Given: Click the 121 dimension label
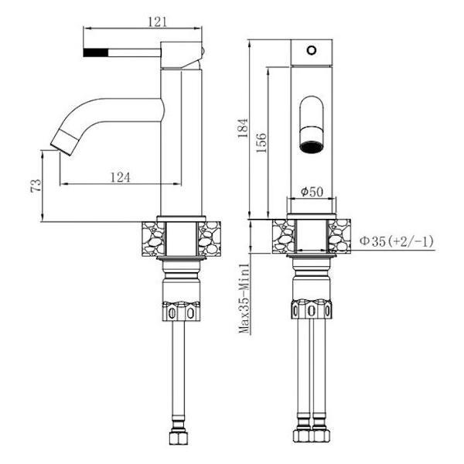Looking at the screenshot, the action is (x=158, y=22).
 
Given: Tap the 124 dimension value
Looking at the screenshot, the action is (x=120, y=178).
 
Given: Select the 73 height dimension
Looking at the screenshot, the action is (x=36, y=186).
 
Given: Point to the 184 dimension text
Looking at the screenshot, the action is (x=243, y=128).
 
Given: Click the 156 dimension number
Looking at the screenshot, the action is (x=261, y=143).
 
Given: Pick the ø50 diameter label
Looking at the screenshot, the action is (x=312, y=192).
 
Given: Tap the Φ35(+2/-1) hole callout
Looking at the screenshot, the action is (x=396, y=241).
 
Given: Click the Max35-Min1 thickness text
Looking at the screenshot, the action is (x=244, y=299).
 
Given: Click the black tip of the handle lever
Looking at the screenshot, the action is (x=96, y=53).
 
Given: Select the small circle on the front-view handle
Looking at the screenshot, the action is (x=312, y=50).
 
